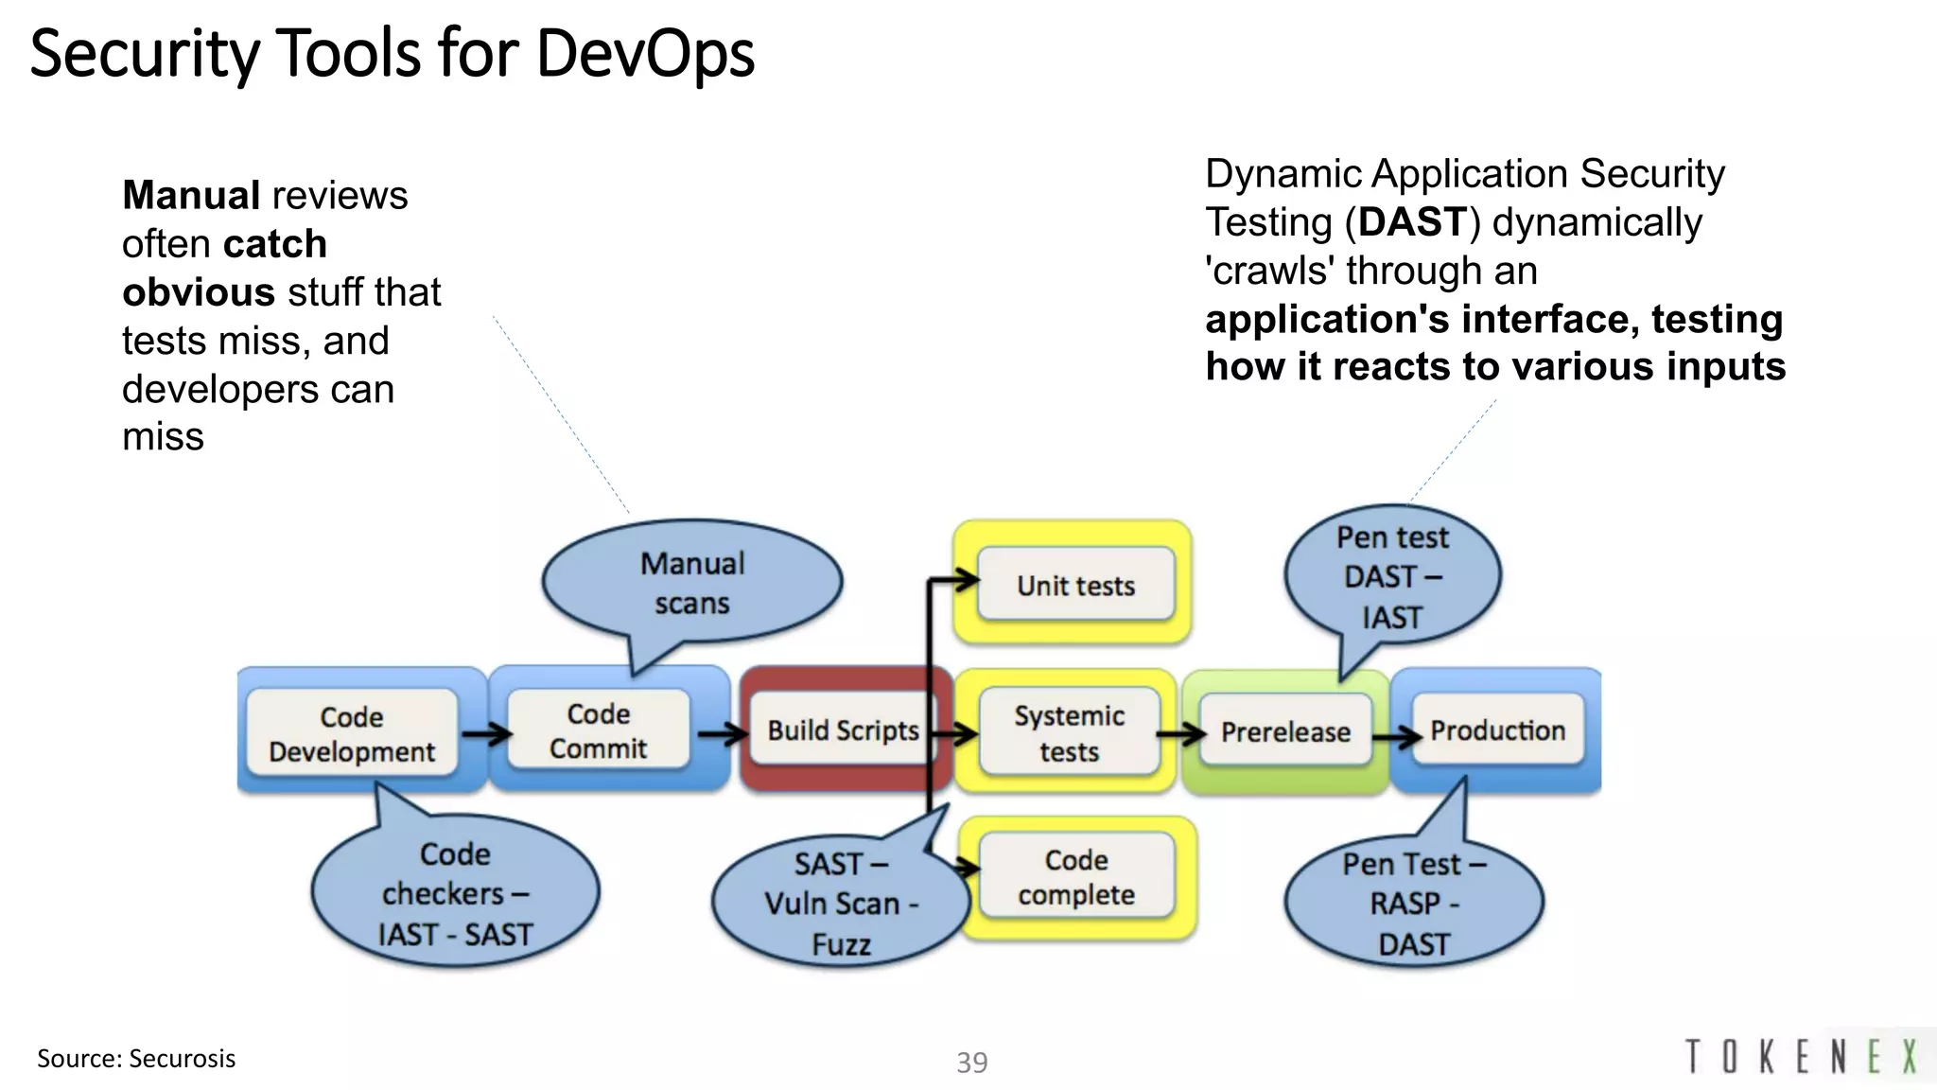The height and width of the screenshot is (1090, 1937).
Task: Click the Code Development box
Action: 352,733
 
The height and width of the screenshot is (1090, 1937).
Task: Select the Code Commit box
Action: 598,730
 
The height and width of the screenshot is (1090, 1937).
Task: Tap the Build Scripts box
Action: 842,730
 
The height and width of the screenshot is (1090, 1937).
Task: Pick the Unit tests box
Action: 1075,586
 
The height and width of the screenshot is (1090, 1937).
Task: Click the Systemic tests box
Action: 1069,733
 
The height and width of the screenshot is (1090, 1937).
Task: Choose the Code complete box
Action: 1076,877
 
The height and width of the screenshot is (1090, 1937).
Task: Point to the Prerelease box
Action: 1285,731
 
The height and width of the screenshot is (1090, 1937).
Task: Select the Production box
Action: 1497,730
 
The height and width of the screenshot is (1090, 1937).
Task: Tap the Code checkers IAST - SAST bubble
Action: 455,893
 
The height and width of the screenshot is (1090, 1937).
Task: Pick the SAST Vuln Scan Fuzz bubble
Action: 840,904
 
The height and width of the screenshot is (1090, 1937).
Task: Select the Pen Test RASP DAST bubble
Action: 1414,904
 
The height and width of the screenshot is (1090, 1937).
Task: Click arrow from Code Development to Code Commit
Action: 486,733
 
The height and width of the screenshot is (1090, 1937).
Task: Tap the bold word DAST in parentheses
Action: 1412,222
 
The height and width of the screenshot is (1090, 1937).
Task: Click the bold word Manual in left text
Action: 191,196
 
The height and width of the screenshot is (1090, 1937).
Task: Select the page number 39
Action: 971,1063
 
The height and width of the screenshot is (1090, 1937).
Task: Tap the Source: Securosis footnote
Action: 136,1059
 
